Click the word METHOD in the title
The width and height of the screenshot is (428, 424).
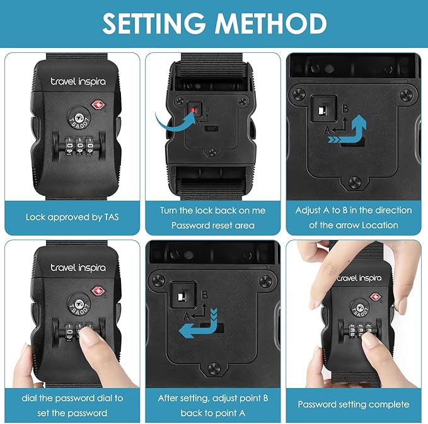click(272, 24)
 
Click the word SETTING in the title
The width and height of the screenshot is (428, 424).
click(154, 24)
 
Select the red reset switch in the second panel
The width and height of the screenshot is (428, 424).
click(194, 110)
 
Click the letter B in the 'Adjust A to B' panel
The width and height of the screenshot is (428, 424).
click(345, 109)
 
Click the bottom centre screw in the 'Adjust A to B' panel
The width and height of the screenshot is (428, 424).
click(355, 182)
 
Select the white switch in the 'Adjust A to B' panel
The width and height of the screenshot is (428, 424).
click(321, 110)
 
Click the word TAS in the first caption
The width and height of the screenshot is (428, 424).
click(112, 217)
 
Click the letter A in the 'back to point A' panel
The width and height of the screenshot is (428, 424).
click(186, 317)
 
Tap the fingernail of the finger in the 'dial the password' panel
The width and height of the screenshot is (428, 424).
click(87, 335)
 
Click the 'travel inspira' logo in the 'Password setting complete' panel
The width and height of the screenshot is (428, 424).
click(359, 278)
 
